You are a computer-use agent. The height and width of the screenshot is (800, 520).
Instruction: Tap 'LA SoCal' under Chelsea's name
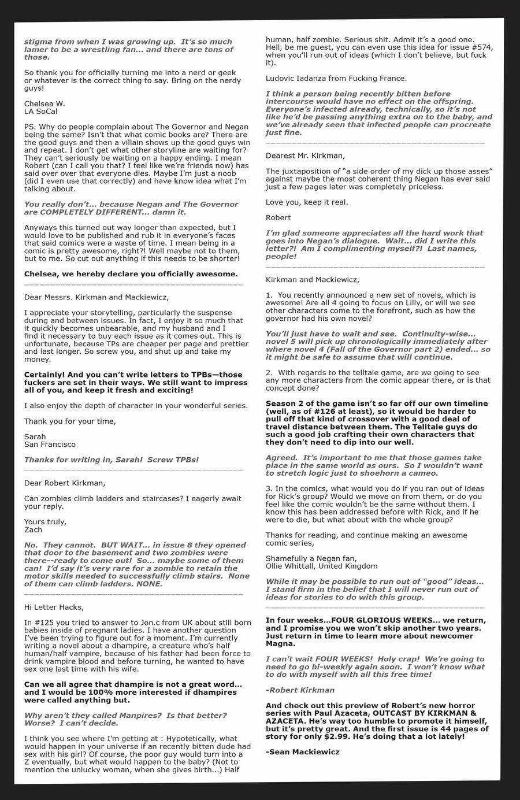[41, 111]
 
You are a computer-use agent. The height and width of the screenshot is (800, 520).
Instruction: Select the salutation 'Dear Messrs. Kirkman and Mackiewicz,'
[96, 297]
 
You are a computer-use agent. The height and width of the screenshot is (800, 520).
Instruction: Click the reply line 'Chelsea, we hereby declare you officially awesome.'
[131, 273]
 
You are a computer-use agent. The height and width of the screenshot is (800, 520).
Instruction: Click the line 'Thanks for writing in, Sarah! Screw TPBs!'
[112, 460]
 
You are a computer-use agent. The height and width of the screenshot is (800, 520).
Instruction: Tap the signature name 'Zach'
[34, 529]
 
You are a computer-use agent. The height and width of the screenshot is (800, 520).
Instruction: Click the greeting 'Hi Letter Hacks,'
[54, 607]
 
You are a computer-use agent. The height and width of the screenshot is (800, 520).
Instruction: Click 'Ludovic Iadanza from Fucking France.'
[336, 78]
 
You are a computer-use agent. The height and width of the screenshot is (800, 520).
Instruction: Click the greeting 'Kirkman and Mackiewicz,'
[312, 280]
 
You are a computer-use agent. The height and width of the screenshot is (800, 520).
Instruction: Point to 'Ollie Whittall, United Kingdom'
[321, 566]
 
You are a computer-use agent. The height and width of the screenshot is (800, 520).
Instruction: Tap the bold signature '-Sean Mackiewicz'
[303, 751]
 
